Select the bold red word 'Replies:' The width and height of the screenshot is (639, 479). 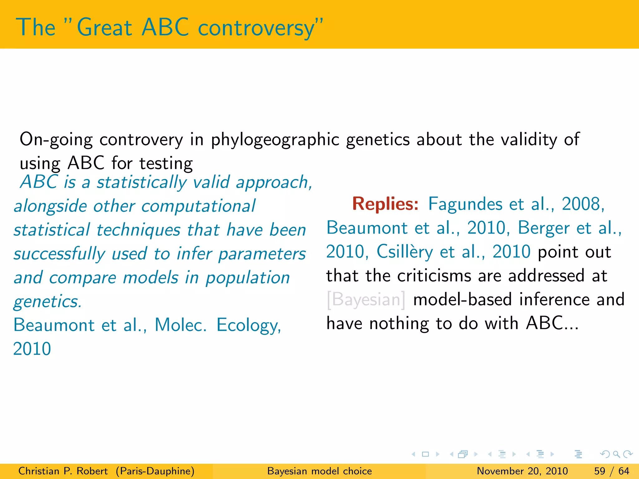[385, 204]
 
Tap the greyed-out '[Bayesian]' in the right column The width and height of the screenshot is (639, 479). [366, 300]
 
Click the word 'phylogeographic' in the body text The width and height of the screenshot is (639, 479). [275, 139]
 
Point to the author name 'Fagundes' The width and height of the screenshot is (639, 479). [465, 205]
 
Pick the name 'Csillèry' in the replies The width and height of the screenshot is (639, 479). [405, 252]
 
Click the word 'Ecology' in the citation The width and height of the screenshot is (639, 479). [248, 325]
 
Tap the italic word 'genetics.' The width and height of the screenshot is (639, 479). [47, 302]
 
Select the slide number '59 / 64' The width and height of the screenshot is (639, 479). [612, 471]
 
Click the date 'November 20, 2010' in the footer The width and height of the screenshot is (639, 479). [522, 471]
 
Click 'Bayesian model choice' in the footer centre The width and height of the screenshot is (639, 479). [319, 471]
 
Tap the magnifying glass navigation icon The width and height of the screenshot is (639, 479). [616, 454]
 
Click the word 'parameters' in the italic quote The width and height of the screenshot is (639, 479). [262, 254]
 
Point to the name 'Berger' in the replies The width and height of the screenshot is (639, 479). [544, 228]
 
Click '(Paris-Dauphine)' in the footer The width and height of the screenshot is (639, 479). [155, 471]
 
